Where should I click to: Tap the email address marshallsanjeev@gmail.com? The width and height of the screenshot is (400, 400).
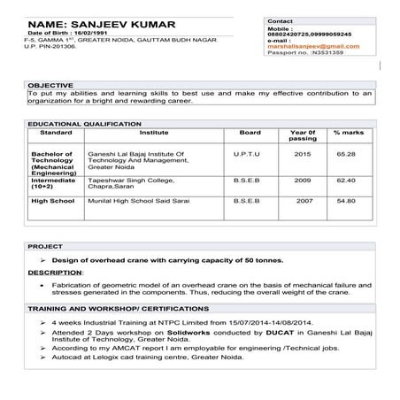305,45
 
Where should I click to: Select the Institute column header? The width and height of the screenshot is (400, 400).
154,133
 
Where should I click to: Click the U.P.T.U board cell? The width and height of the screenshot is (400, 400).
247,154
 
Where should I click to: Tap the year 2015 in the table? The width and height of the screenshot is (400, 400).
303,154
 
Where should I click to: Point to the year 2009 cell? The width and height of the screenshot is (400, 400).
303,179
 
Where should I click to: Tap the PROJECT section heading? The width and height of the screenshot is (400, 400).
44,245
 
